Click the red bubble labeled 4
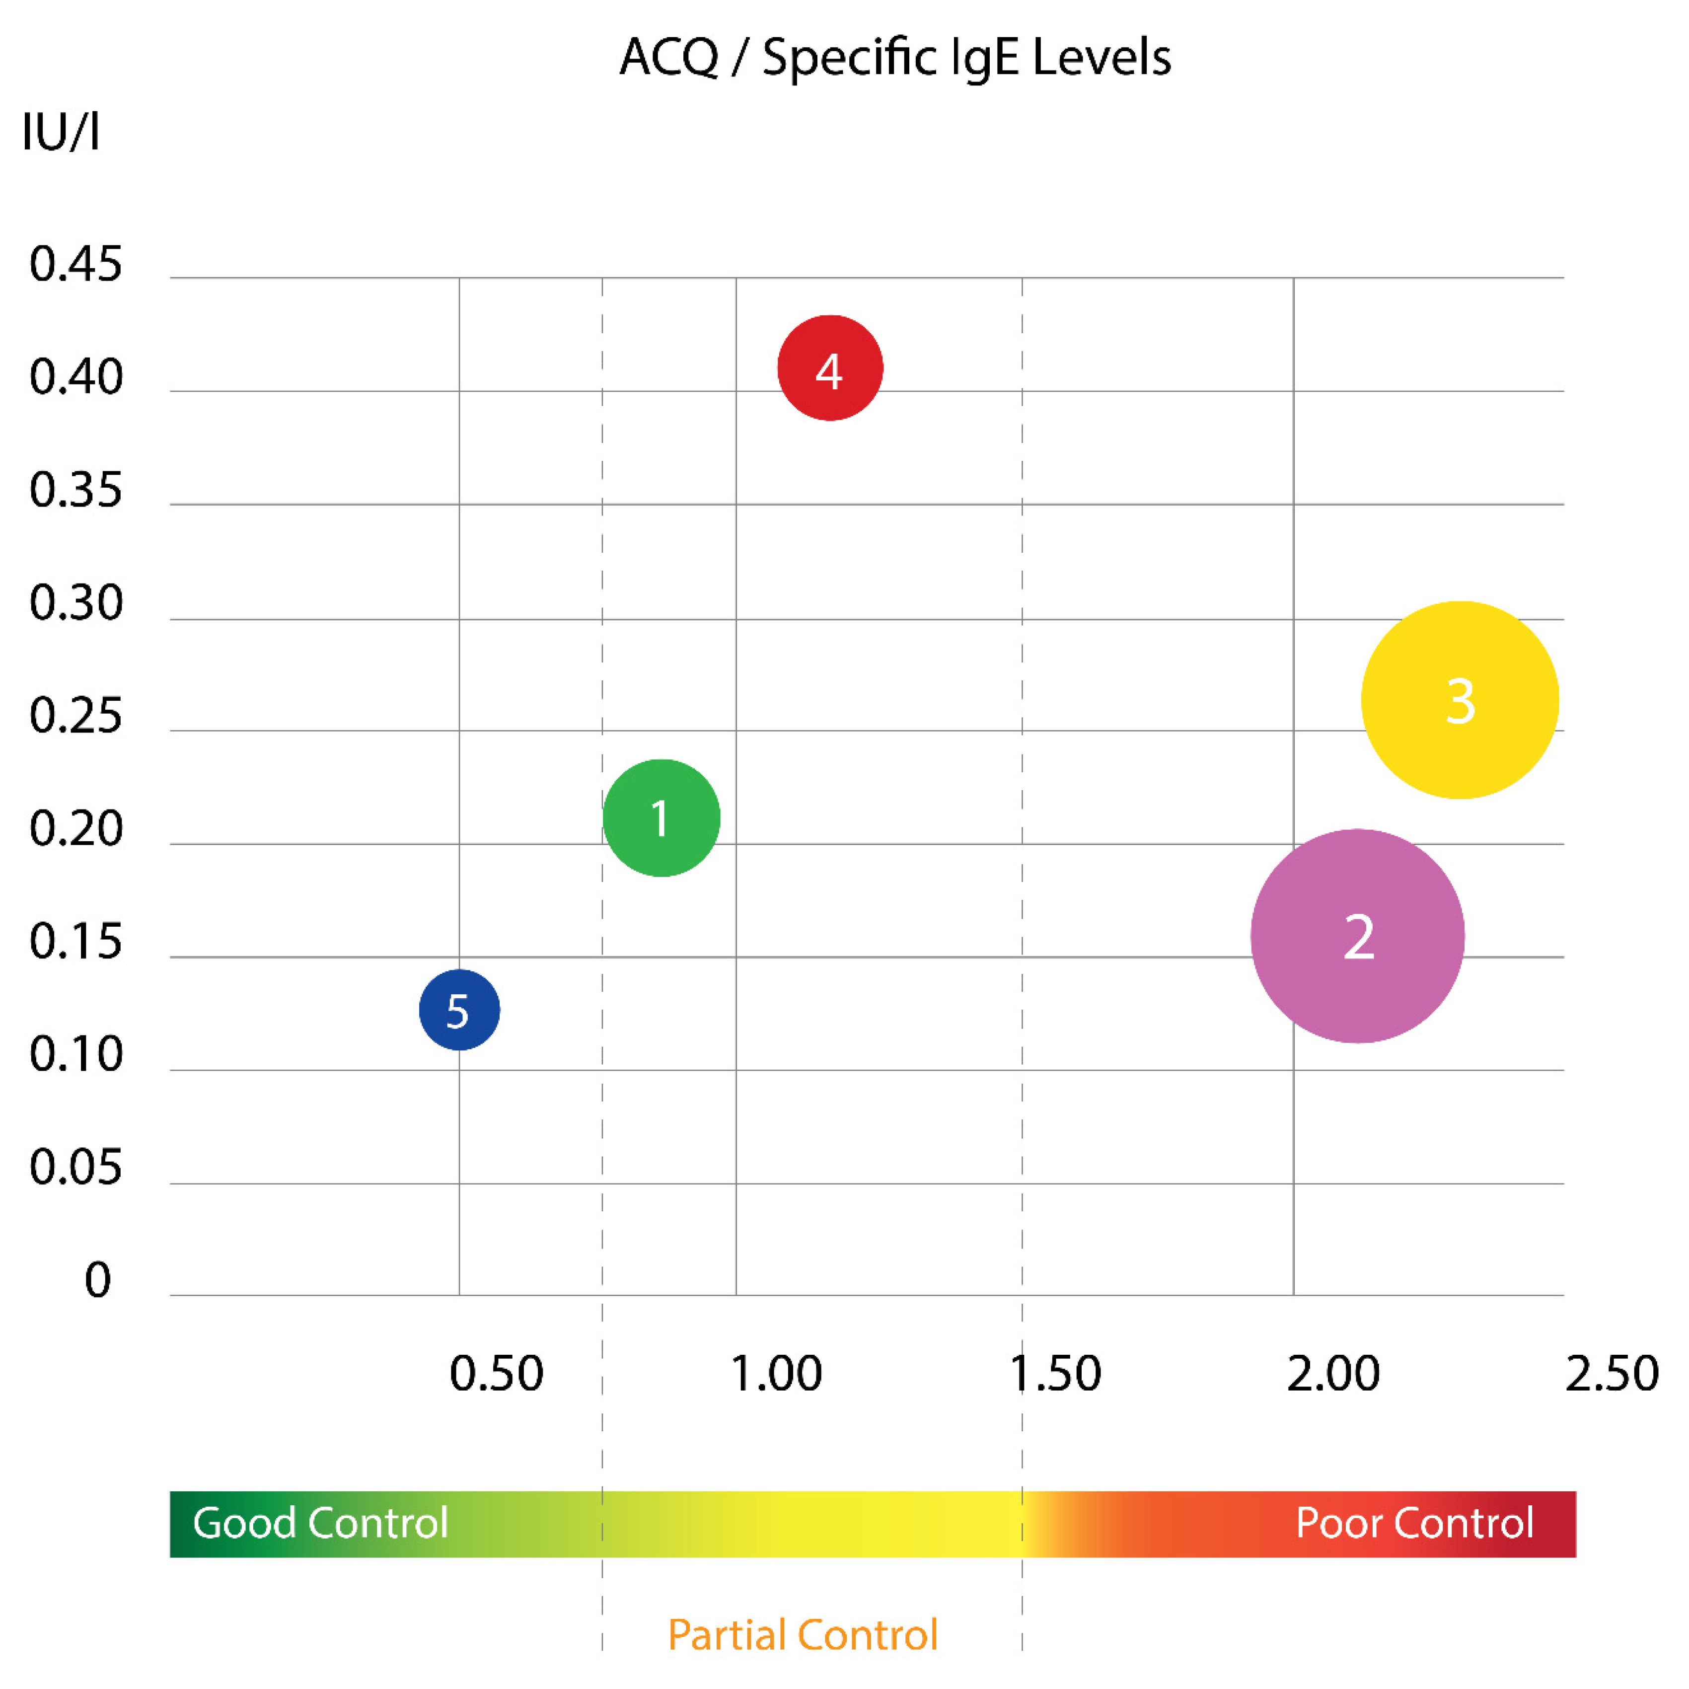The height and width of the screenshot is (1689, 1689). tap(830, 368)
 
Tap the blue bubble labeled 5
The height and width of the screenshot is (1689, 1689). tap(459, 1010)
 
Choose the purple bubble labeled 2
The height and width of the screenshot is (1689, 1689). tap(1357, 936)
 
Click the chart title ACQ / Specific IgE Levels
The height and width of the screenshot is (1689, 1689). tap(894, 58)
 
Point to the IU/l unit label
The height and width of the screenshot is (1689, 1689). tap(60, 133)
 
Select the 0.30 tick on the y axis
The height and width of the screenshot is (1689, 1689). tap(76, 603)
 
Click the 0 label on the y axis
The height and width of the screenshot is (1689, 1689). tap(97, 1280)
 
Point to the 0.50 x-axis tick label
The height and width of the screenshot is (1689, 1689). tap(496, 1374)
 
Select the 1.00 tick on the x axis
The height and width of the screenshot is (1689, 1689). tap(775, 1374)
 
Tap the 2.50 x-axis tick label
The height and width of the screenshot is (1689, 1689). tap(1611, 1374)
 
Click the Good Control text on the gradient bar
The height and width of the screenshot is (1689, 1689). tap(320, 1523)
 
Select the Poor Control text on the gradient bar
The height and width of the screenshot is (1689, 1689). tap(1413, 1523)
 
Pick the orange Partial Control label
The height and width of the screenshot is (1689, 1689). tap(803, 1635)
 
